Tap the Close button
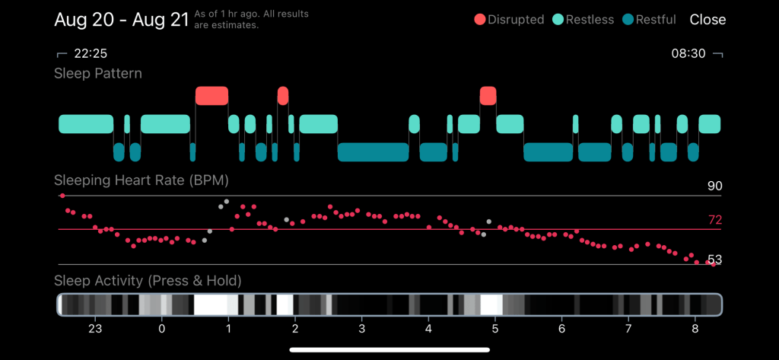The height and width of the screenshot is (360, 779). (707, 20)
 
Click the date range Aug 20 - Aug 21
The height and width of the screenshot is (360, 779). (121, 20)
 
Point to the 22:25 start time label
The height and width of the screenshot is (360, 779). (90, 54)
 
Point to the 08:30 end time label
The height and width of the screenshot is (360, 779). (688, 54)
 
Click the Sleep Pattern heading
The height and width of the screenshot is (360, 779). (97, 74)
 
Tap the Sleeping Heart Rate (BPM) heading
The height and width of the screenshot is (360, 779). (141, 180)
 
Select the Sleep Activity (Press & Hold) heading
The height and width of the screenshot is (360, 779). (148, 281)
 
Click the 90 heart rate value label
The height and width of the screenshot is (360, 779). (714, 186)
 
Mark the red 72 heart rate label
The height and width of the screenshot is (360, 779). (714, 221)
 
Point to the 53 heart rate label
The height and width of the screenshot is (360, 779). (714, 260)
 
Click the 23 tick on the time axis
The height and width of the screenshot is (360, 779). (95, 329)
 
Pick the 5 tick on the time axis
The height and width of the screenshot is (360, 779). (495, 329)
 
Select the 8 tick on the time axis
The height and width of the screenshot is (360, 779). (695, 329)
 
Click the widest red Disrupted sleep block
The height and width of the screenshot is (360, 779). (211, 95)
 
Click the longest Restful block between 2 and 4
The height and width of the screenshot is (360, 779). (374, 152)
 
